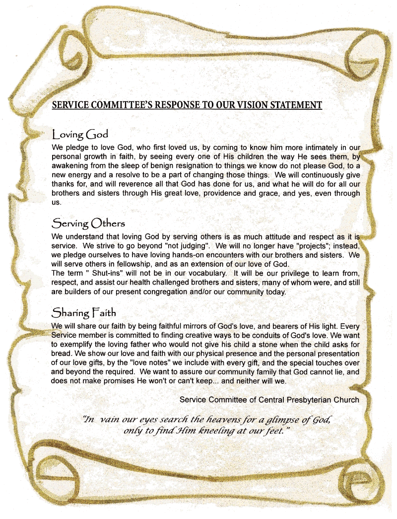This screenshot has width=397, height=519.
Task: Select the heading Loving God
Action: (80, 135)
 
